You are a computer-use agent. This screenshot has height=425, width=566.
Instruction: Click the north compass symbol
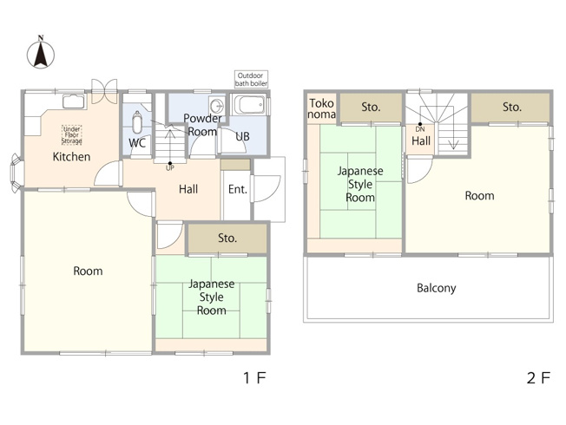(x=41, y=54)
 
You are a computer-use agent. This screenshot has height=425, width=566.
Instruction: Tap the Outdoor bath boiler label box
(x=251, y=80)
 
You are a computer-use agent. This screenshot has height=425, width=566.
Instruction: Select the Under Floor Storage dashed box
(x=72, y=135)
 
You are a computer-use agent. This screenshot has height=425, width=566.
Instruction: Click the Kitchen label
(x=71, y=157)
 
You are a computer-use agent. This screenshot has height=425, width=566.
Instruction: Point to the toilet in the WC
(x=137, y=122)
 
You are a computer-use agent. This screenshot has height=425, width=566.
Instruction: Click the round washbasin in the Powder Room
(x=217, y=106)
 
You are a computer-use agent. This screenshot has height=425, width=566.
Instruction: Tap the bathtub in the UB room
(x=249, y=105)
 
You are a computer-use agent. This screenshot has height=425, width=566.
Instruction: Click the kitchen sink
(x=74, y=101)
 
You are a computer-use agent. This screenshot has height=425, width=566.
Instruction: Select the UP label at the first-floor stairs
(x=169, y=168)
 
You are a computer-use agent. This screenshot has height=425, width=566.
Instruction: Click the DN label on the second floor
(x=420, y=129)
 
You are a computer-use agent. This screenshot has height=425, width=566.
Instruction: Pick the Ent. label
(x=238, y=189)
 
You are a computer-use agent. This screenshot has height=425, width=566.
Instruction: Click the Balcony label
(x=437, y=288)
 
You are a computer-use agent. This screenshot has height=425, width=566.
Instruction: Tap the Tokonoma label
(x=321, y=108)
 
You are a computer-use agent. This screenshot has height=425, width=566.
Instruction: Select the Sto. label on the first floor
(x=227, y=239)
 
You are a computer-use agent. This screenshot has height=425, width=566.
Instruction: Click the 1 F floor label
(x=254, y=378)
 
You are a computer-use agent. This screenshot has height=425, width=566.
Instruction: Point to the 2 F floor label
(x=538, y=378)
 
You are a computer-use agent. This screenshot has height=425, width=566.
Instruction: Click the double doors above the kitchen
(x=104, y=91)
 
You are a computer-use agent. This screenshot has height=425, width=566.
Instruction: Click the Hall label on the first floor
(x=188, y=189)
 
